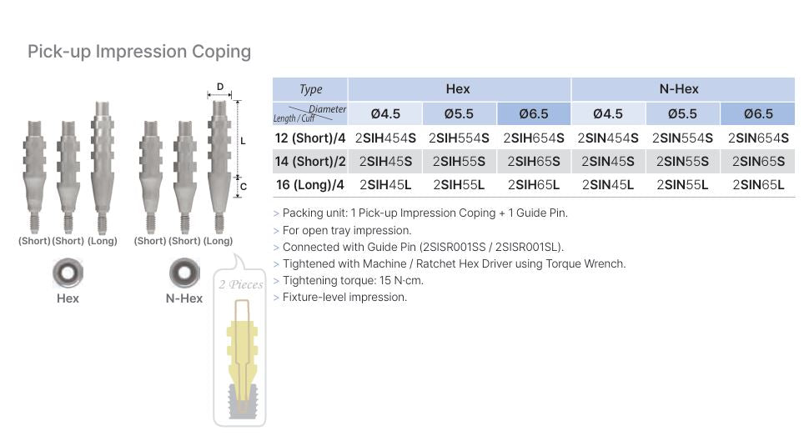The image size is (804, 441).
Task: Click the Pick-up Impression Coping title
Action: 139,52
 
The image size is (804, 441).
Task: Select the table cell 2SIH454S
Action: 385,138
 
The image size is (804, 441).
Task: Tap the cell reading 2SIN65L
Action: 758,184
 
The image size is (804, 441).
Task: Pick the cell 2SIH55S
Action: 460,161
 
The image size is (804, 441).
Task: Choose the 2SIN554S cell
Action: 682,138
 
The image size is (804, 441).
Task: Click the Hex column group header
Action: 458,89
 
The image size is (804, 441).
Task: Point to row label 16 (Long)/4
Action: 309,184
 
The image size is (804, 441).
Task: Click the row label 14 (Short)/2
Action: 309,161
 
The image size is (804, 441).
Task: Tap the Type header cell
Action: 310,89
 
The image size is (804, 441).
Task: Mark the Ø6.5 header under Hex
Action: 534,113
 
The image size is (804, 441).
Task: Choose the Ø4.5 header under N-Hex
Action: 608,113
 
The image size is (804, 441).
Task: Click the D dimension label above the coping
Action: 220,87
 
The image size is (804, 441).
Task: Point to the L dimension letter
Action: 244,141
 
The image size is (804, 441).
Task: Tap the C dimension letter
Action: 244,187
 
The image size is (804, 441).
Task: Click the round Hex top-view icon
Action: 68,273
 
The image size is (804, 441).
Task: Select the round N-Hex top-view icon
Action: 184,273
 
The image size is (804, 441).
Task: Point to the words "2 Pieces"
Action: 240,284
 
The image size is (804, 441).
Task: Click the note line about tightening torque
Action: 353,280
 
